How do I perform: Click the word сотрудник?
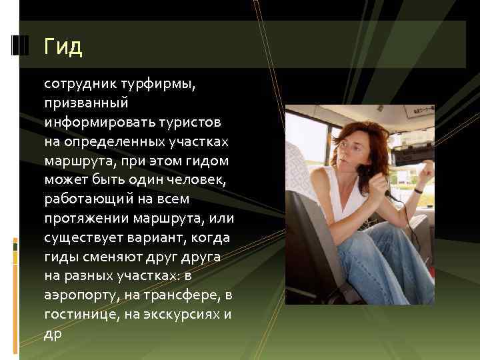click(x=79, y=85)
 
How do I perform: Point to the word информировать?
click(x=94, y=123)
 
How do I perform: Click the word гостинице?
click(x=77, y=315)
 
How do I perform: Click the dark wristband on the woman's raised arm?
click(x=419, y=191)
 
